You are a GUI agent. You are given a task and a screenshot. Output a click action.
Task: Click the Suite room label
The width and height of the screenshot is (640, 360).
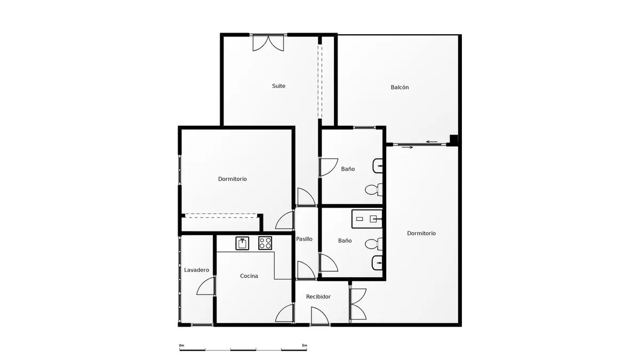pos(278,86)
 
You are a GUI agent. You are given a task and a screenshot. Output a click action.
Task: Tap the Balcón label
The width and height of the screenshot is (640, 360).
pos(399,87)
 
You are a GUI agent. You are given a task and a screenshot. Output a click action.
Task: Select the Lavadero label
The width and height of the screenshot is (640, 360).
pos(197,270)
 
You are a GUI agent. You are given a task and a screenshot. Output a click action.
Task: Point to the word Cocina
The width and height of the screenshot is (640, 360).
pos(249,276)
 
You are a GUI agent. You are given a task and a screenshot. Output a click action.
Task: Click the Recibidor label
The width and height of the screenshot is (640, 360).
pos(318,297)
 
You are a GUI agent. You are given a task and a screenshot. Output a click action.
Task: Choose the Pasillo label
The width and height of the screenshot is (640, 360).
pos(304,239)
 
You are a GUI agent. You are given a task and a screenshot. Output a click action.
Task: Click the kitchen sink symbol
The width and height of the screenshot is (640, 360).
pos(242,243)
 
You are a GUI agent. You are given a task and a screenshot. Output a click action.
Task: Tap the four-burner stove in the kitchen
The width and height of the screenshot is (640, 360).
pos(265,243)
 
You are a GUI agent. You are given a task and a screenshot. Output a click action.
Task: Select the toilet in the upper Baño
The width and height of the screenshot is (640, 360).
pos(374,190)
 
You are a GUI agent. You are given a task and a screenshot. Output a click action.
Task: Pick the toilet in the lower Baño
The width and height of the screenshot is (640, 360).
pos(374,244)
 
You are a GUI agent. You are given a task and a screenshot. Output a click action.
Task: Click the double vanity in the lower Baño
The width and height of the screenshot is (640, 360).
pos(367,219)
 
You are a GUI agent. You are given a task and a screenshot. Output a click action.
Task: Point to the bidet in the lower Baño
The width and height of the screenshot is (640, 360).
pos(377,262)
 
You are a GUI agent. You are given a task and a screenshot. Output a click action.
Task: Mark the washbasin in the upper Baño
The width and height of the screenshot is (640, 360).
pos(378,166)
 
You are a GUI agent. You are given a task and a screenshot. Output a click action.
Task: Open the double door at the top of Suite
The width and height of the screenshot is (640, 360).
pos(268,43)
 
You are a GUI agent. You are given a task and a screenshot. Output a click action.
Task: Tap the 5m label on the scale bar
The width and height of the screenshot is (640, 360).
pos(305,346)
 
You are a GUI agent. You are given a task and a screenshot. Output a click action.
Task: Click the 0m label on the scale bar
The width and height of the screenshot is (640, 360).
pos(181,346)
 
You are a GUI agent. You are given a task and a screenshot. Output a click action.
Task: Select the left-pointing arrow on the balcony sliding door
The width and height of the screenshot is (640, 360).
pos(431,142)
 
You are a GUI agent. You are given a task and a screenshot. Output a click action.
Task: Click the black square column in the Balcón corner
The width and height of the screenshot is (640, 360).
pos(454,139)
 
